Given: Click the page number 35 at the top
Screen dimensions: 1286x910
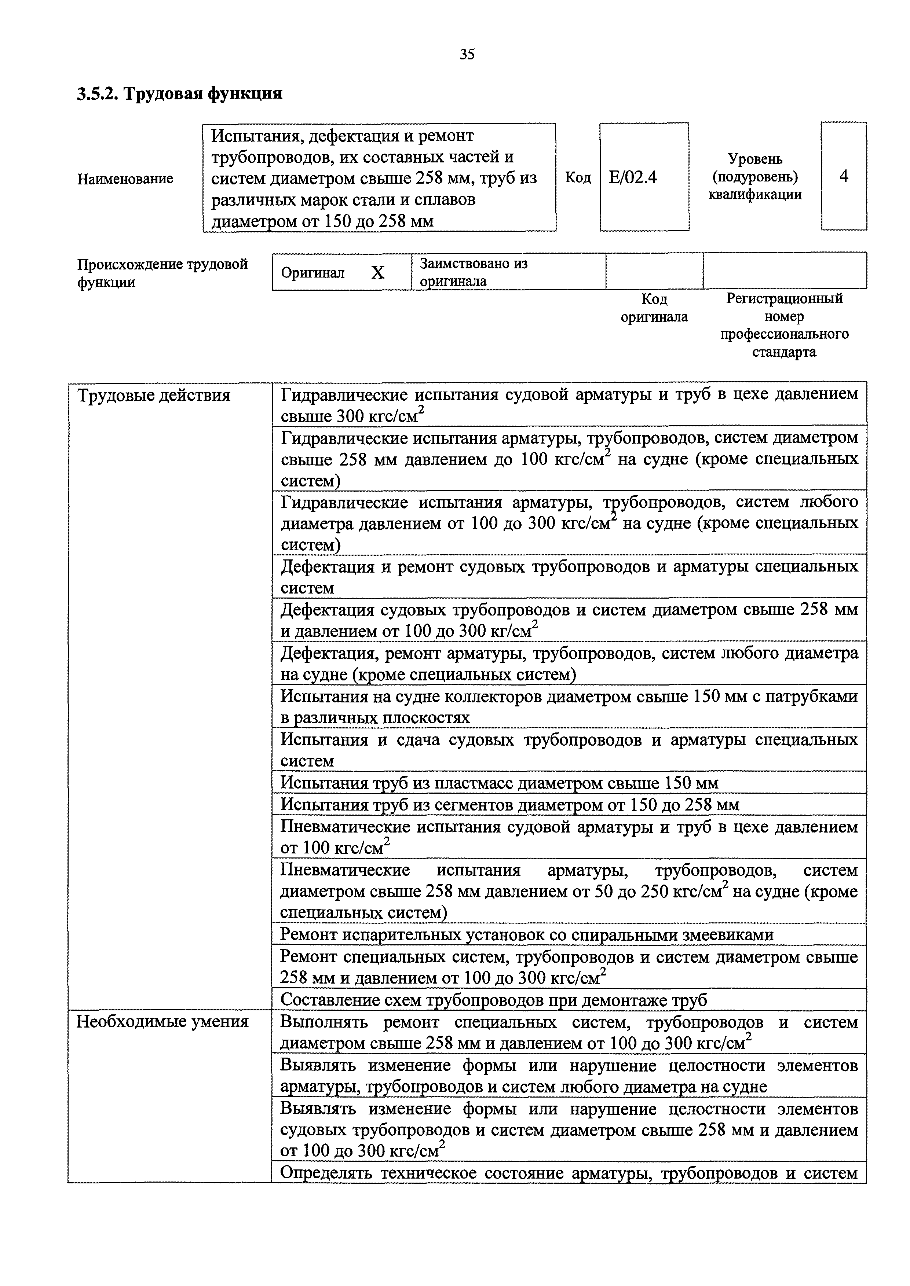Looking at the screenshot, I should (467, 54).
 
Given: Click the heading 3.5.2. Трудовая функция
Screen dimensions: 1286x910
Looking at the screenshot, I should (179, 93).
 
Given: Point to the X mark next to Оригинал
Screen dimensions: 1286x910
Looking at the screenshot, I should (378, 273).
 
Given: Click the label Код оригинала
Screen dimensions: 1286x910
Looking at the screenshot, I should (654, 308).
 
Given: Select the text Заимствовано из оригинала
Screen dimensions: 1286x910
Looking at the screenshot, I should (474, 272).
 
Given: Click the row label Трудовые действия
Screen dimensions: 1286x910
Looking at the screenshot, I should (154, 396).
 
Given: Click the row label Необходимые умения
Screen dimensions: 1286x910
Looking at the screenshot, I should (162, 1021).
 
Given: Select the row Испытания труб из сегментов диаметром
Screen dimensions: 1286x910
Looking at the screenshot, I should (509, 804).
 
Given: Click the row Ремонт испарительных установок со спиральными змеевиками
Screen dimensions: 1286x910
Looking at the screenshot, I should (526, 934).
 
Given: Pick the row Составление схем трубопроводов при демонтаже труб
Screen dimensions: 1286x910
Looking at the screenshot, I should (493, 999).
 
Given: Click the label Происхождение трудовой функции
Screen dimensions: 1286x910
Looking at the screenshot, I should (162, 273).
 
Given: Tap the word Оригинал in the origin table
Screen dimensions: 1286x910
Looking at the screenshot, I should (313, 273).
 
